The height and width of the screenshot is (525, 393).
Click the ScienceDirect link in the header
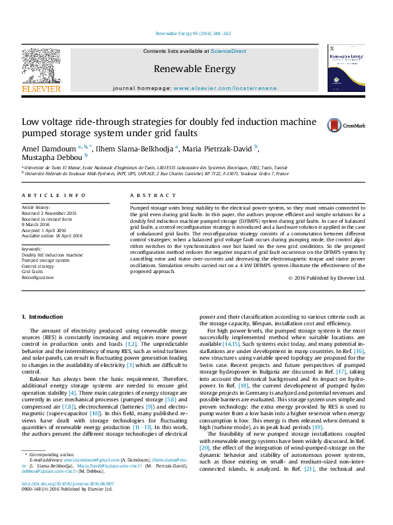pos(229,51)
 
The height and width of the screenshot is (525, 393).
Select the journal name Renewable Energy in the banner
pos(194,69)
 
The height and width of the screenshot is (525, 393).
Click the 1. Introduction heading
pos(43,317)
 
